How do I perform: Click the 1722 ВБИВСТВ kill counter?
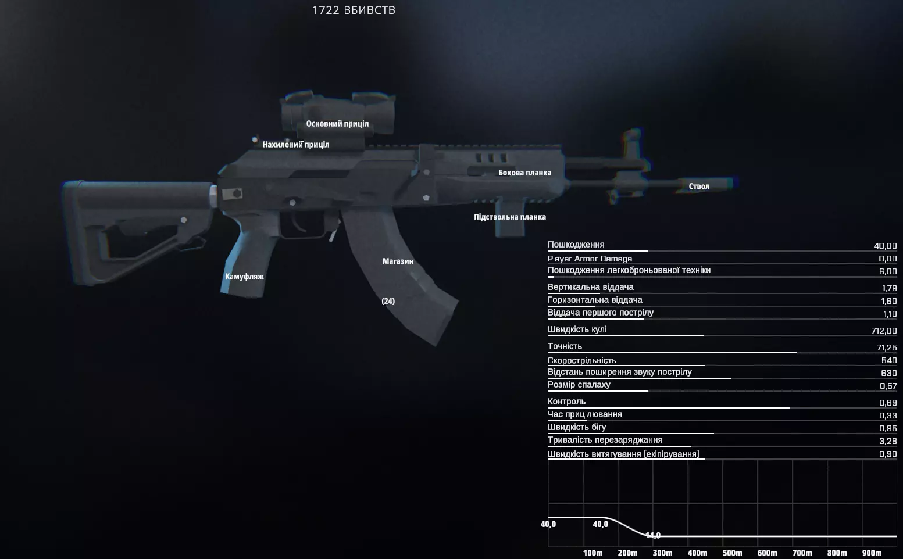(354, 10)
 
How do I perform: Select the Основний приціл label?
(337, 124)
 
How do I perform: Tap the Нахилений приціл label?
(296, 144)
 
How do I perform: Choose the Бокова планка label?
(524, 173)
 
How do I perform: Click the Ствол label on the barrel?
(699, 186)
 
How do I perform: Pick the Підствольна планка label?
(510, 217)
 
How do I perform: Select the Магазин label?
(398, 261)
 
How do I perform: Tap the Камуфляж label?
(244, 277)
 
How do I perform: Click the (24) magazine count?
(388, 301)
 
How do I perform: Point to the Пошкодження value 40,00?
(885, 246)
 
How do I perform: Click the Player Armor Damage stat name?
(590, 259)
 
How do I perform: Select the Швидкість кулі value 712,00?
(884, 331)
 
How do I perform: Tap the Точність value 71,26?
(887, 347)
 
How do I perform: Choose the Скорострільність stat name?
(581, 360)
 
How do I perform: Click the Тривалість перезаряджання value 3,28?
(888, 441)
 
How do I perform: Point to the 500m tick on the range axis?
(732, 553)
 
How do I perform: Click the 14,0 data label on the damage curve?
(652, 535)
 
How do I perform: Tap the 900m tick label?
(872, 553)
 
